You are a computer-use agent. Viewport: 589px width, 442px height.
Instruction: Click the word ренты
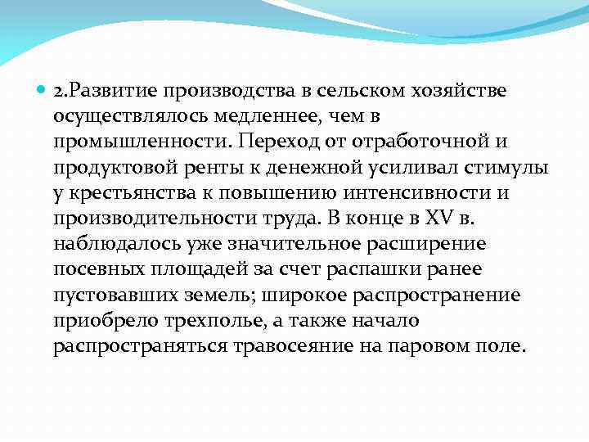click(212, 169)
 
